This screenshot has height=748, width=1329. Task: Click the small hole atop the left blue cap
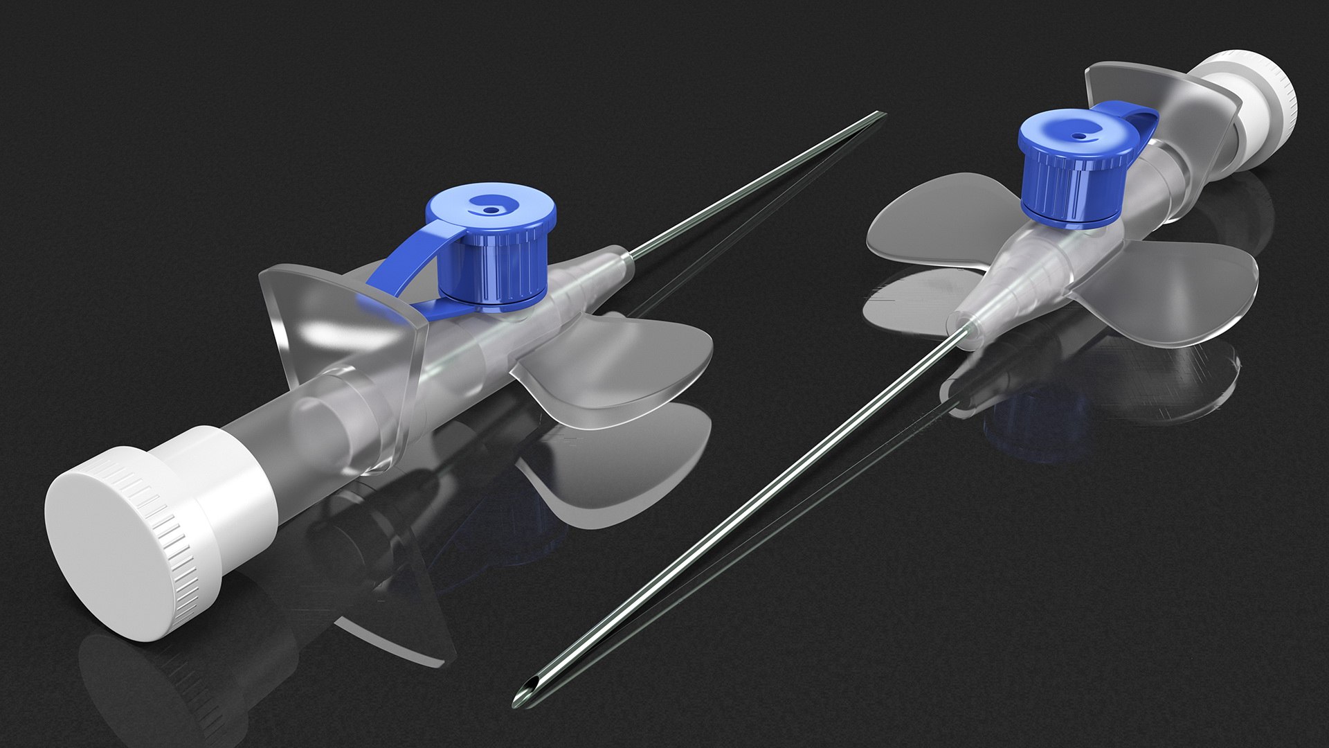[491, 208]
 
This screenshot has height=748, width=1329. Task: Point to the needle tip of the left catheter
[880, 114]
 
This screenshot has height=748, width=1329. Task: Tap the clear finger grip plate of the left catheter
[332, 319]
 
